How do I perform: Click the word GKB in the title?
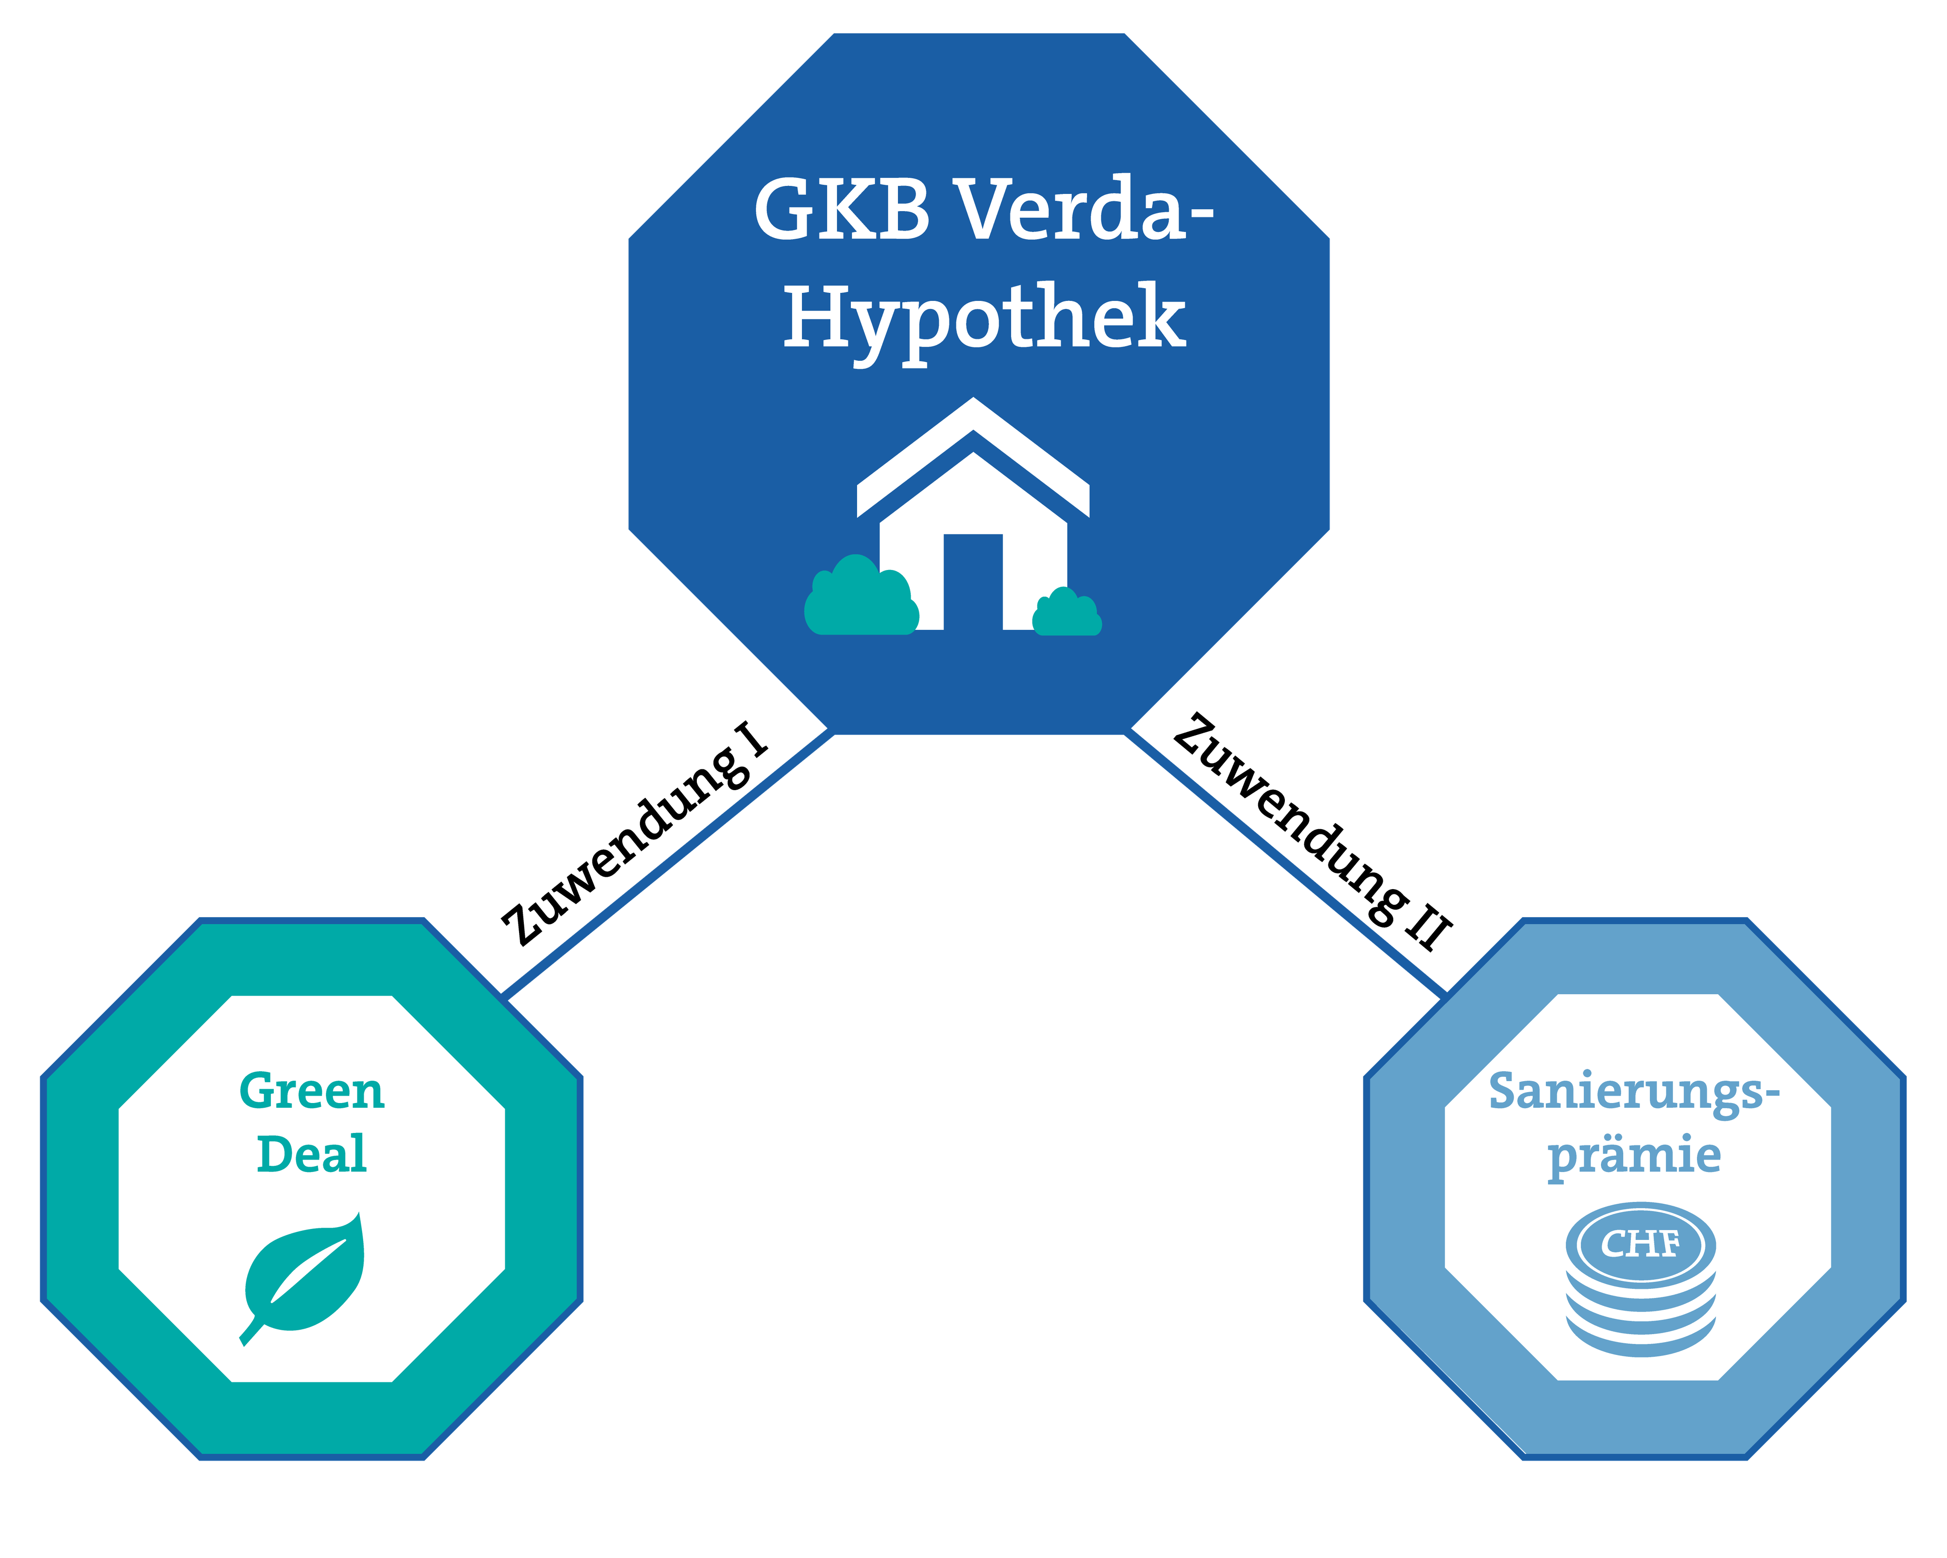coord(842,210)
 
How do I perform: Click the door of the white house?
coord(973,581)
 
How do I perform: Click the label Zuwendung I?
coord(636,833)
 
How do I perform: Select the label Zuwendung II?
coord(1312,831)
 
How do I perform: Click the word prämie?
coord(1634,1156)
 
